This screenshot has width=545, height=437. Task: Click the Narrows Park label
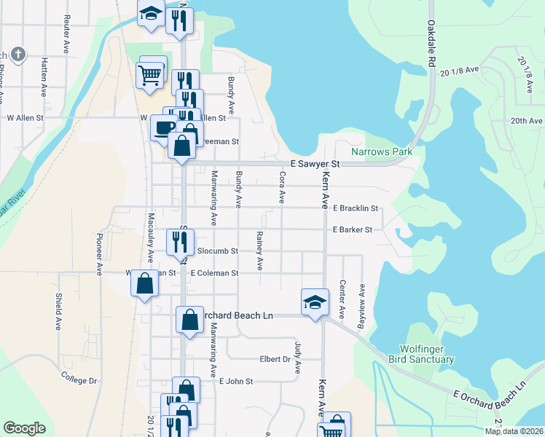point(382,152)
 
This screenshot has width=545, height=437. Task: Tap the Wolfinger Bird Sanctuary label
point(426,355)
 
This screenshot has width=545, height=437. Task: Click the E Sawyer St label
point(315,165)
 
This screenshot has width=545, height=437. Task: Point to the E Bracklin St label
point(356,208)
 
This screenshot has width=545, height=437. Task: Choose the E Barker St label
point(353,229)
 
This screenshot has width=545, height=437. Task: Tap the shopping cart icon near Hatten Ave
point(149,74)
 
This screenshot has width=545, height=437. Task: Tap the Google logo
point(24,428)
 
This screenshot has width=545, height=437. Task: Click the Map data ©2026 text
point(513,431)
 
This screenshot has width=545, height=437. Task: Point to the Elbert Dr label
point(275,359)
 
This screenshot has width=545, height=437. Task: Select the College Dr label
point(79,380)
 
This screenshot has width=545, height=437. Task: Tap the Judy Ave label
point(297,356)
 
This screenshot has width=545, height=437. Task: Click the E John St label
point(235,381)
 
